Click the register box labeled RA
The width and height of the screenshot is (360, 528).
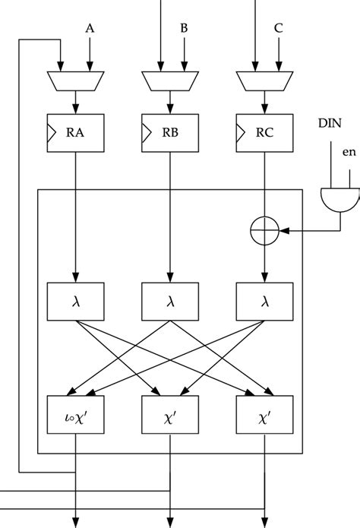[x=74, y=135]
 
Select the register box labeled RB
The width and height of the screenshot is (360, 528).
[x=169, y=135]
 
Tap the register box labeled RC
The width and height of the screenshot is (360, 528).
[x=264, y=135]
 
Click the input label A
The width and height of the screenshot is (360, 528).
[x=90, y=30]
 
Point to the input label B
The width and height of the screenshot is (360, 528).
[x=184, y=30]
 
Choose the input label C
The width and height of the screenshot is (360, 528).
[x=279, y=30]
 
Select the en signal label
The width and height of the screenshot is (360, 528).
[x=349, y=153]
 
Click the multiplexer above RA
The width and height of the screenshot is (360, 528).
[x=74, y=79]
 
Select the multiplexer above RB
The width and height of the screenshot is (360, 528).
[x=169, y=79]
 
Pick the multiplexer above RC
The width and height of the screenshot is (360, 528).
[x=264, y=79]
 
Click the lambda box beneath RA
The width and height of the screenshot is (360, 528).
[x=74, y=302]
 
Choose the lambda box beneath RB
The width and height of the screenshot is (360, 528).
[x=169, y=302]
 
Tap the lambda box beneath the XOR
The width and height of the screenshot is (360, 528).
[x=264, y=302]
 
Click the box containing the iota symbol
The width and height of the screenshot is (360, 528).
[x=74, y=415]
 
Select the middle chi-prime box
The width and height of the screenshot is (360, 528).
[x=169, y=415]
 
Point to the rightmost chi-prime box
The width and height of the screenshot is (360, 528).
[x=264, y=415]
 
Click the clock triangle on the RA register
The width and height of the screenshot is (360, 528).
[x=52, y=135]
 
